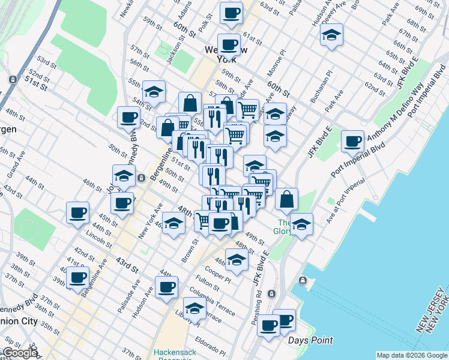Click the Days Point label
click(x=310, y=340)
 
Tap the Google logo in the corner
click(x=20, y=353)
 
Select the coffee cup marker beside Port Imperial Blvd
click(x=352, y=142)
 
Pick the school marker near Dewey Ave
click(x=331, y=35)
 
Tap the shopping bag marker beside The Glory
click(x=288, y=199)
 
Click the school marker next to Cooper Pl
click(x=237, y=260)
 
